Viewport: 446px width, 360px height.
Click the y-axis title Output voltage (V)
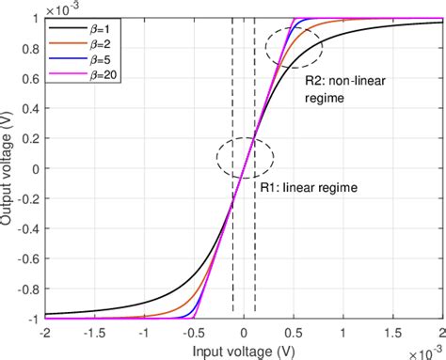[x=8, y=168]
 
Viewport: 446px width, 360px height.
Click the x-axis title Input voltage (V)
[x=244, y=350]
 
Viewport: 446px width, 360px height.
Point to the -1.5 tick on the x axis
[x=94, y=333]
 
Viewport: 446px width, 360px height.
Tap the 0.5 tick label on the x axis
[x=293, y=333]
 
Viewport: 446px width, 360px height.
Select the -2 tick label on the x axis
[x=44, y=333]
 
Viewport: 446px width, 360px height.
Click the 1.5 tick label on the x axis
[x=392, y=333]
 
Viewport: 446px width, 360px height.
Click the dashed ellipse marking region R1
[x=244, y=154]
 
